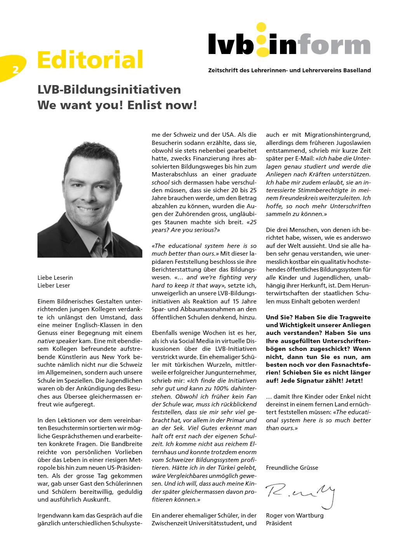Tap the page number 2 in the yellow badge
point(16,70)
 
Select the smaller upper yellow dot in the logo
point(261,27)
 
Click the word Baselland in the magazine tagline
point(357,70)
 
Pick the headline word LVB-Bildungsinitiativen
point(109,90)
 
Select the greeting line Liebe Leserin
point(55,277)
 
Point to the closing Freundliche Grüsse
point(292,467)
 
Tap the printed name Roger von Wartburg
point(294,515)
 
